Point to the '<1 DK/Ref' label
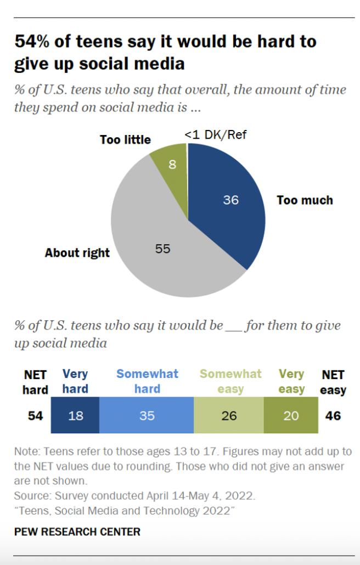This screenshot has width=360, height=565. [215, 135]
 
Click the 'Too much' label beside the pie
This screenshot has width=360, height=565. [305, 200]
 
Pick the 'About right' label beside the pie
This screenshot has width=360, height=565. [77, 253]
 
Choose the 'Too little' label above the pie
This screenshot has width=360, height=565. [125, 140]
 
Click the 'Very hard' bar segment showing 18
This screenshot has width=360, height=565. [75, 416]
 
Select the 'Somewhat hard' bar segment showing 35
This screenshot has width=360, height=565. [147, 416]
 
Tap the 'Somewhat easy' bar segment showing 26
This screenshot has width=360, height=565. [229, 416]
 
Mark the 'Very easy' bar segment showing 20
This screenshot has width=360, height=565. [291, 416]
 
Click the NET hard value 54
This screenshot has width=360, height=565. [36, 416]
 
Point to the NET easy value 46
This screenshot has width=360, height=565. [333, 416]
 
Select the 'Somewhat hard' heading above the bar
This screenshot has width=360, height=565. [147, 381]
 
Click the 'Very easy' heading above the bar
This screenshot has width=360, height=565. [291, 381]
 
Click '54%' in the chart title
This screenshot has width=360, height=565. [33, 42]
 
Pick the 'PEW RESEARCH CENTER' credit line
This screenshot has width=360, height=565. [77, 532]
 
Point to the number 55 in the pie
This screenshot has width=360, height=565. [162, 248]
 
